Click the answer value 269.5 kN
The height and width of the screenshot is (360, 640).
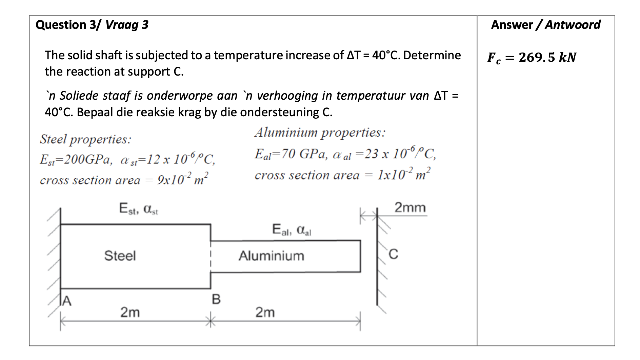point(547,57)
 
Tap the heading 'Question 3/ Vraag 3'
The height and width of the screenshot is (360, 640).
point(92,25)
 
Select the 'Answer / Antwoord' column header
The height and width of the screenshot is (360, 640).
point(545,25)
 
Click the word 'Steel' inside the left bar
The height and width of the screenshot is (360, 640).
point(120,256)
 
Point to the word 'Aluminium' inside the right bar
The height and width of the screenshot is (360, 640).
point(271,256)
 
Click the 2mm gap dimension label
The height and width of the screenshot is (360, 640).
point(410,207)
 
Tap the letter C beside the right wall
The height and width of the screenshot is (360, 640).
point(393,254)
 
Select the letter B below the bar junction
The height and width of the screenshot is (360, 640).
point(216,299)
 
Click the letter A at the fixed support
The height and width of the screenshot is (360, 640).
point(67,301)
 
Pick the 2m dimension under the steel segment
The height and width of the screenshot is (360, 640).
point(130,312)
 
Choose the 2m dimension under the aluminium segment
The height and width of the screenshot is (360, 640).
point(265,312)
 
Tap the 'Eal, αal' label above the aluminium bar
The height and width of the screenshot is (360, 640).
point(292,230)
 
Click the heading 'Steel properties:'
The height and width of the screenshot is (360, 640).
point(85,139)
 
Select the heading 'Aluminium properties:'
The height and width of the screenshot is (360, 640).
point(320,132)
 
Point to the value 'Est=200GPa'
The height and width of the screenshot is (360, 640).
point(76,159)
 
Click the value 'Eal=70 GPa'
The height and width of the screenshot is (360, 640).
point(291,154)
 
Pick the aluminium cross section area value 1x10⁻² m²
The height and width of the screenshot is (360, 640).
point(404,174)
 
